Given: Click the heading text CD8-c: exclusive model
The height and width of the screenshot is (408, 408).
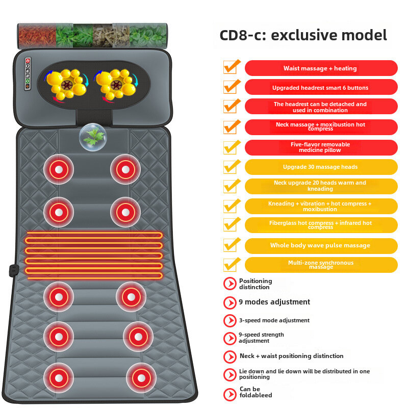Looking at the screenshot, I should click(303, 35).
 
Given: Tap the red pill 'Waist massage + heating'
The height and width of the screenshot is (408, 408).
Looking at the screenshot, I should click(321, 68).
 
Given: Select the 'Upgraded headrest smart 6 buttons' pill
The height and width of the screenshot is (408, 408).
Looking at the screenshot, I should click(321, 88).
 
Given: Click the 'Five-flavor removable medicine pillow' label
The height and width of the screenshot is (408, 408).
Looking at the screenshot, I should click(321, 147).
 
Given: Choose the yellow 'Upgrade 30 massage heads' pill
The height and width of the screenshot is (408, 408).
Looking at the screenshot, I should click(321, 167).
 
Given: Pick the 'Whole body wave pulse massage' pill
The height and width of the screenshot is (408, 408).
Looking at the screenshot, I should click(321, 245).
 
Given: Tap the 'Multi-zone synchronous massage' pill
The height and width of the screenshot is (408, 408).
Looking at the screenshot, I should click(321, 265).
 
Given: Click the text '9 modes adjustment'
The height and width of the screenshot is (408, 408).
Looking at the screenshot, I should click(274, 302).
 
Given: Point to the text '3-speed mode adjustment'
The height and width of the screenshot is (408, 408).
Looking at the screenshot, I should click(274, 320).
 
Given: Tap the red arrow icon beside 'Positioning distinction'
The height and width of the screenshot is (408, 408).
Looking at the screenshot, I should click(229, 284).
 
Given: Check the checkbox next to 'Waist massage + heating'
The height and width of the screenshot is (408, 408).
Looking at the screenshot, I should click(231, 67).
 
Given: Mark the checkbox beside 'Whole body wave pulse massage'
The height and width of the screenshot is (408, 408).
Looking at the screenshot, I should click(231, 245).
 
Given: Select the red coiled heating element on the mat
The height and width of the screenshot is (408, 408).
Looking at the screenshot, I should click(94, 255).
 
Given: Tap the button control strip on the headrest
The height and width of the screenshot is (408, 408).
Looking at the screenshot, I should click(28, 73).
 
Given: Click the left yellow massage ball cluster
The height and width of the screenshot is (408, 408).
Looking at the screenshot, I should click(66, 85).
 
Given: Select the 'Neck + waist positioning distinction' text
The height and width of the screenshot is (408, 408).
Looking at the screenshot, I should click(291, 356).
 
